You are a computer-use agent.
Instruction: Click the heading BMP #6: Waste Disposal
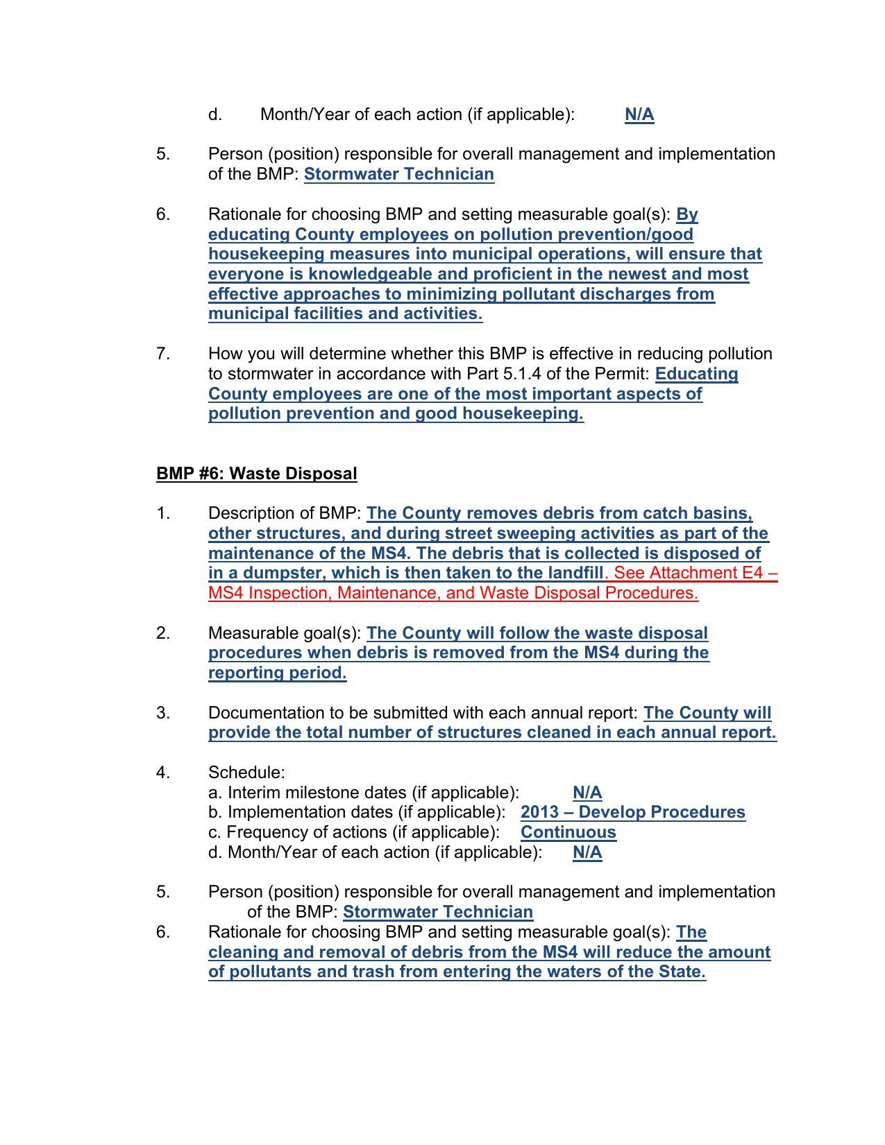(256, 474)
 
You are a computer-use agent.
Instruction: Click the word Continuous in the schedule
(568, 832)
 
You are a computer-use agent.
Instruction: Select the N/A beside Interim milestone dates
(587, 793)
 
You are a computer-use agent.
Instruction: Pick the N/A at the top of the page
(639, 114)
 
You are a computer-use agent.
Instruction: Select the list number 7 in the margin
(162, 354)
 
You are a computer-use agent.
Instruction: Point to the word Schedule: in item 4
(246, 773)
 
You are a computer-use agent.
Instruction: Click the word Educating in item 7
(696, 374)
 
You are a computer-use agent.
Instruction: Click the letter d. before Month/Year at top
(214, 114)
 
